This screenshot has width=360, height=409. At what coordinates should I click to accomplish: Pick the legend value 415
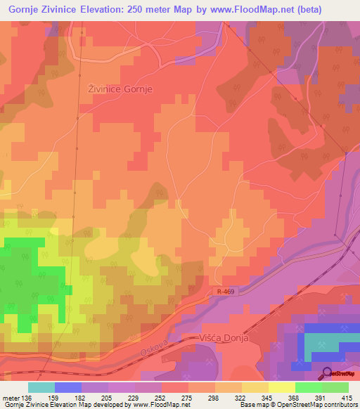347,397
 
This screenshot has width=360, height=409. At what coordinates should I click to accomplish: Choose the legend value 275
186,397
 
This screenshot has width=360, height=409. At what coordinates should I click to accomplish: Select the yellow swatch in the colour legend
282,387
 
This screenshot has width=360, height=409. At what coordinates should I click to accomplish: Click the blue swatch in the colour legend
68,387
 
